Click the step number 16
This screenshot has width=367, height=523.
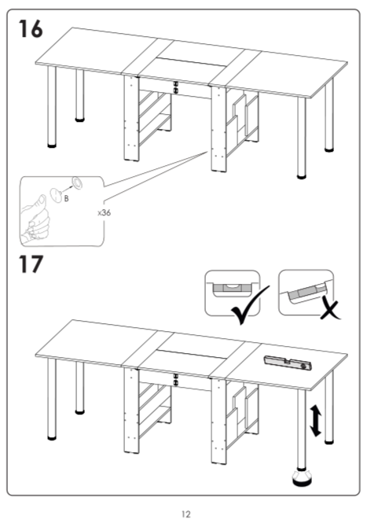coord(31,28)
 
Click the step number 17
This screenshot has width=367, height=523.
coord(31,264)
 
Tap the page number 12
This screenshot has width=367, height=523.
coord(186,514)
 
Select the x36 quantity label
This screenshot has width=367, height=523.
coord(104,212)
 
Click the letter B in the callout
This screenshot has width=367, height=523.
coord(66,198)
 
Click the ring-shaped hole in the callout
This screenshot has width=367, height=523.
coord(78,182)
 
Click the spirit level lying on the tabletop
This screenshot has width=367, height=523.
coord(288,363)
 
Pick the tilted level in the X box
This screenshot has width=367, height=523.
coord(306,293)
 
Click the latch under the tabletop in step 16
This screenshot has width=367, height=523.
coord(176,87)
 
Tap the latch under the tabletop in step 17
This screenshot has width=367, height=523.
coord(176,379)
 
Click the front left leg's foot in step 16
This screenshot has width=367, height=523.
coord(52,145)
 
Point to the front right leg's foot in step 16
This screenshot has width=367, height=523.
coord(301,176)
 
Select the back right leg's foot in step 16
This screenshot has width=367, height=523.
coord(329,150)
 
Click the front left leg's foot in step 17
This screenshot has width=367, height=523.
coord(52,437)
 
